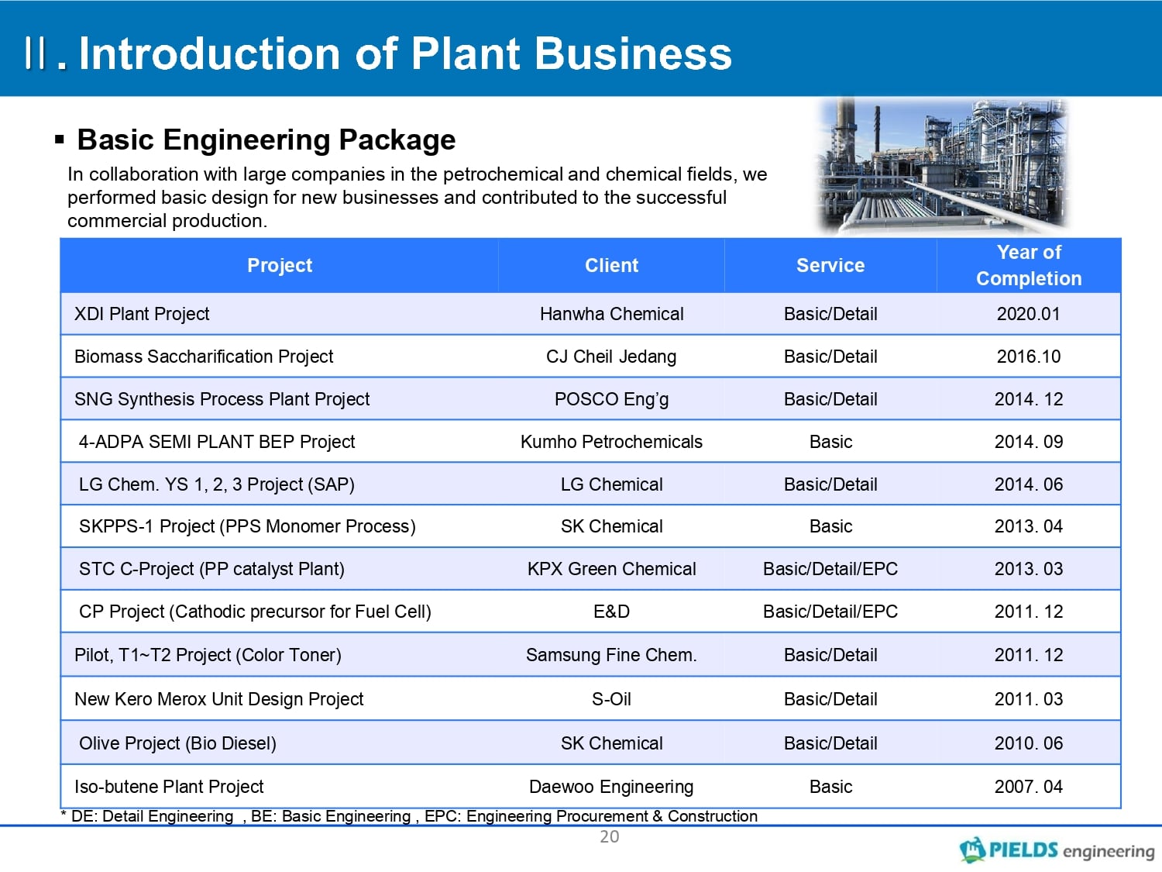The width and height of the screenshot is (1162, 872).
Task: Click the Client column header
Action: tap(611, 265)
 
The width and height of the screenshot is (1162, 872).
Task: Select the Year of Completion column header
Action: tap(1029, 265)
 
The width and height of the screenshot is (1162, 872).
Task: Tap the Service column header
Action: tap(830, 265)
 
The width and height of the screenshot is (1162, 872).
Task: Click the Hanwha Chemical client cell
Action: tap(611, 314)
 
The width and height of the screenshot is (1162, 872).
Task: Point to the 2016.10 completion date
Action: tap(1029, 357)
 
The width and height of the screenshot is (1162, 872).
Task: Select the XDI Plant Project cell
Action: tap(142, 314)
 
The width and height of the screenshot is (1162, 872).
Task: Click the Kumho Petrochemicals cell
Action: tap(611, 442)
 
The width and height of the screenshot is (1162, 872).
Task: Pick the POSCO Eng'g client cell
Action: tap(611, 399)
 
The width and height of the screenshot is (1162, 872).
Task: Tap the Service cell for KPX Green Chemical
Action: tap(830, 569)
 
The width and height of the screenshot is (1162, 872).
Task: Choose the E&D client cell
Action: tap(611, 612)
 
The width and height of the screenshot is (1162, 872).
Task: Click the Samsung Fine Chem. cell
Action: tap(611, 655)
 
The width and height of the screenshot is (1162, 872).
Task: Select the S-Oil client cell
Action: tap(611, 699)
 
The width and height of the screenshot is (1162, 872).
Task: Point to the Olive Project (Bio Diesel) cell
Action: tap(178, 743)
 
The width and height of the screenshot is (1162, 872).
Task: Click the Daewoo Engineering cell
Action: tap(611, 787)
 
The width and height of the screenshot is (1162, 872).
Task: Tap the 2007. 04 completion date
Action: tap(1029, 787)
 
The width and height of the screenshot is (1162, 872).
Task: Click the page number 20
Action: tap(610, 837)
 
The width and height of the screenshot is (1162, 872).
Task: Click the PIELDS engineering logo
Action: tap(1057, 850)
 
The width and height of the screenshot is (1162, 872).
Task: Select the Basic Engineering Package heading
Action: tap(266, 140)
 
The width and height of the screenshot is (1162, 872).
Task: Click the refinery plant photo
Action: tap(942, 166)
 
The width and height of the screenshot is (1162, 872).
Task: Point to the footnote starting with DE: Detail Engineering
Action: tap(409, 816)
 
